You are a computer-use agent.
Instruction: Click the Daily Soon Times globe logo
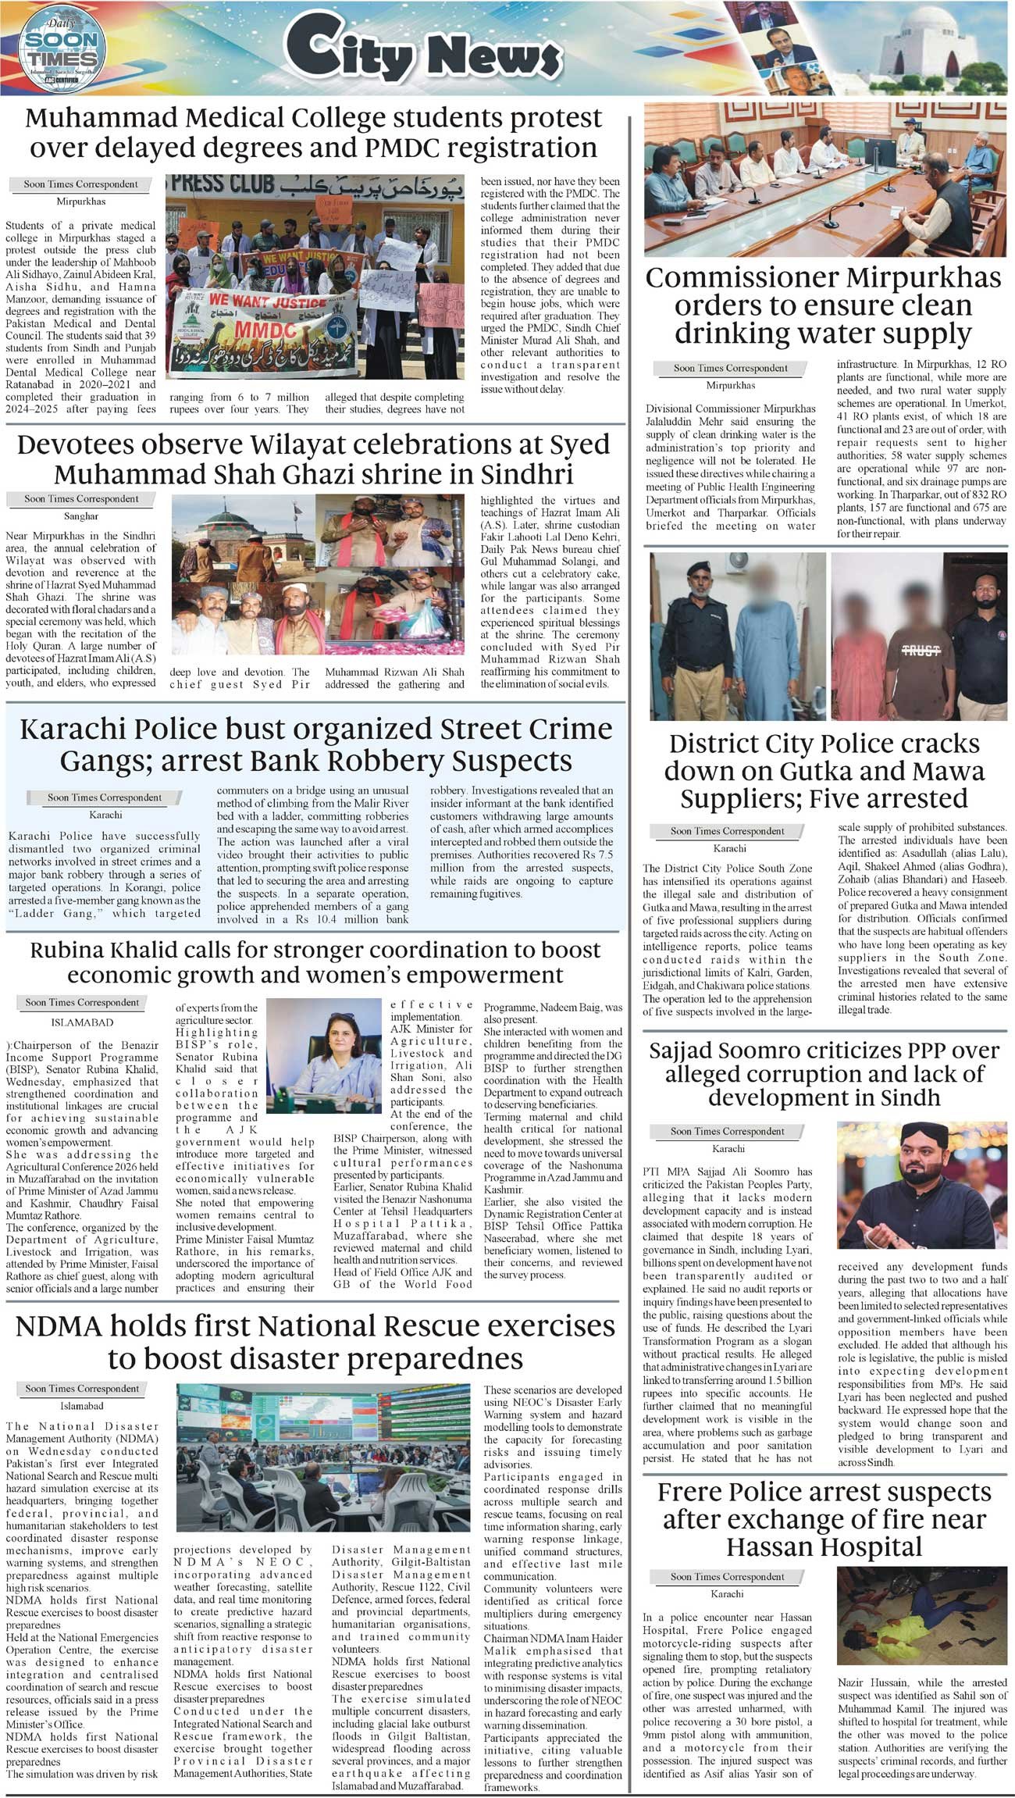[x=59, y=48]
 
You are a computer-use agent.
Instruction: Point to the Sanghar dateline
[x=80, y=516]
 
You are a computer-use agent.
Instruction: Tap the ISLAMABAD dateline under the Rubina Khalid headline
[x=82, y=1022]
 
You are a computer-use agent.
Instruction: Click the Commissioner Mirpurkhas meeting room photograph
[x=825, y=180]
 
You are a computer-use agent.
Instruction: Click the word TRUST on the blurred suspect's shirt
[x=921, y=650]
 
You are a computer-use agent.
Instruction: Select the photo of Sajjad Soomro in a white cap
[x=921, y=1185]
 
